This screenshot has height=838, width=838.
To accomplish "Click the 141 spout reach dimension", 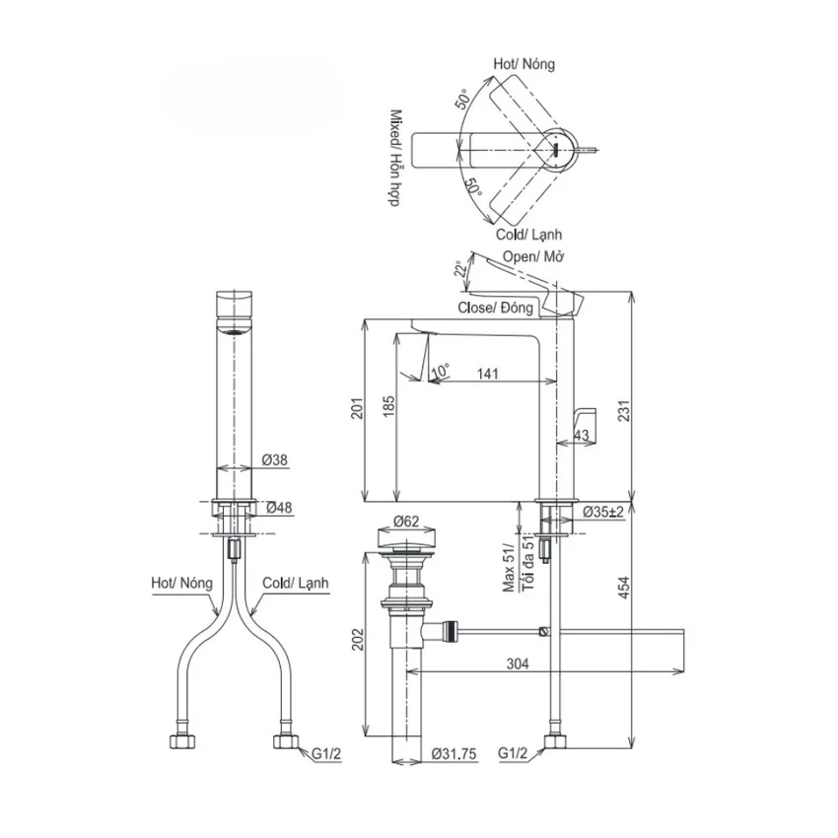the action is [x=487, y=373].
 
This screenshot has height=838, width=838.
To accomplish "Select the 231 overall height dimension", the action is [x=624, y=410].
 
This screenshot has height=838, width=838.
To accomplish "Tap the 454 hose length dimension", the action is [x=624, y=588].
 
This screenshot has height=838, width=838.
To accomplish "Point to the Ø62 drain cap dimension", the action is [x=406, y=521].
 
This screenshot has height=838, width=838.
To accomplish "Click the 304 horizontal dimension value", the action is [x=518, y=663].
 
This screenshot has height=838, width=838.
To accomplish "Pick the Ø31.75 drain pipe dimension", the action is [x=454, y=753].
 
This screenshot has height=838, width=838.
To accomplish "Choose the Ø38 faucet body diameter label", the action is [x=275, y=459].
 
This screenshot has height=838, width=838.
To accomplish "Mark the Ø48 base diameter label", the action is [x=279, y=507].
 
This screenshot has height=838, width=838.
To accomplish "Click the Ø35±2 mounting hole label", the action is [x=602, y=512].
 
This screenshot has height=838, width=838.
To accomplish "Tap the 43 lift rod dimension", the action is [x=582, y=435].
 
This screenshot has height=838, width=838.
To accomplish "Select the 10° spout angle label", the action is [x=441, y=370].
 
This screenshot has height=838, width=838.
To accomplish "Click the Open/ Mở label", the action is [x=533, y=256].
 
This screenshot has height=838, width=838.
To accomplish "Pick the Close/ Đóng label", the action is [x=496, y=308].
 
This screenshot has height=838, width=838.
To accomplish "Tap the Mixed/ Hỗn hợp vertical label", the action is [x=395, y=159].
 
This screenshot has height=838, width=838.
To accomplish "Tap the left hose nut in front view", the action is [x=181, y=740].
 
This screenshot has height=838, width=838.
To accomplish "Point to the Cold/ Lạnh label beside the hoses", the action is [x=295, y=583].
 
